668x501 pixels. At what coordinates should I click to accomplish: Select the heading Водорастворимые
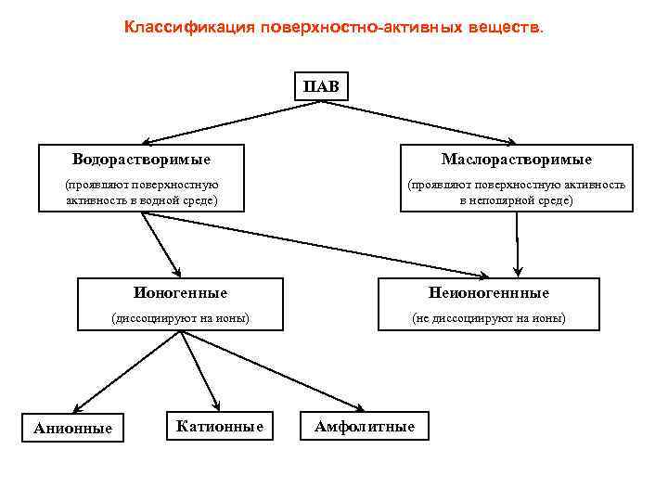tap(141, 160)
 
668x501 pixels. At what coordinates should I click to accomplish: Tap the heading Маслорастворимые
tap(516, 160)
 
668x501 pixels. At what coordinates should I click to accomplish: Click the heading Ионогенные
tap(180, 292)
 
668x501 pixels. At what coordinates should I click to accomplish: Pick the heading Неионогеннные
tap(489, 293)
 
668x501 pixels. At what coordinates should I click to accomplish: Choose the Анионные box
tap(72, 428)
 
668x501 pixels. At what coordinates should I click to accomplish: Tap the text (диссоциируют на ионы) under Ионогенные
tap(180, 318)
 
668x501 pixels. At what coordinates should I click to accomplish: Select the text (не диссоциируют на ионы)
tap(489, 318)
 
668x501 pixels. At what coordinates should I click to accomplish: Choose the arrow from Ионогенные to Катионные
tap(199, 371)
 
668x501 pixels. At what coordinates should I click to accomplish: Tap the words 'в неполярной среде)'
tap(516, 200)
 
